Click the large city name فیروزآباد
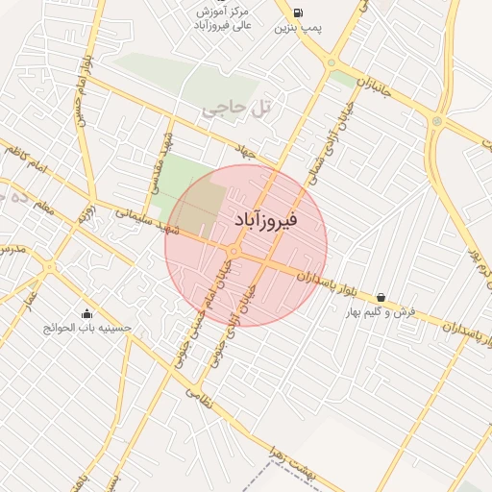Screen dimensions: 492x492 pos(266,220)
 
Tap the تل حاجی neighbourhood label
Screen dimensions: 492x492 pos(236,111)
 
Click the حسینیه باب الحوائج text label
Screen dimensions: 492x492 pos(87,328)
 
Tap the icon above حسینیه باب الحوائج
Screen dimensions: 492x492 pos(87,313)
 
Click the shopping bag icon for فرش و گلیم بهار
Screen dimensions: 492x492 pos(382,298)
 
